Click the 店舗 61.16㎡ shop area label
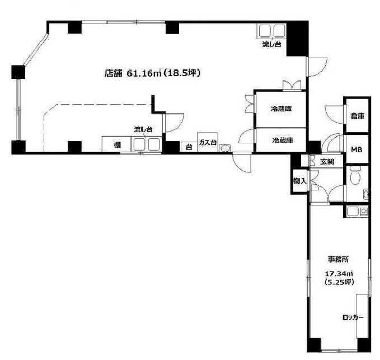tap(152, 73)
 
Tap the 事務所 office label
tap(339, 259)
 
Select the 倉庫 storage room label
tap(358, 116)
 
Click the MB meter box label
tap(356, 149)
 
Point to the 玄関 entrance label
tap(327, 161)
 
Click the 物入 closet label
tap(300, 181)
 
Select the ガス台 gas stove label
tap(208, 142)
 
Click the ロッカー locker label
tap(353, 317)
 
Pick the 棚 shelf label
tap(118, 145)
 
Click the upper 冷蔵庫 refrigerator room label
tap(281, 109)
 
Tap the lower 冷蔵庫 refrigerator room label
tap(283, 140)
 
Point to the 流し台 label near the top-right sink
tap(271, 44)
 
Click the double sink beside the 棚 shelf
tap(147, 144)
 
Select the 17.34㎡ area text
tap(339, 274)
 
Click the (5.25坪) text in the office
tap(339, 282)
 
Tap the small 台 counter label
tap(189, 147)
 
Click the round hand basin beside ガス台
tap(225, 148)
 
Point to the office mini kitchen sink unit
tap(357, 212)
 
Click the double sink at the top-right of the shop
tap(271, 31)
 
